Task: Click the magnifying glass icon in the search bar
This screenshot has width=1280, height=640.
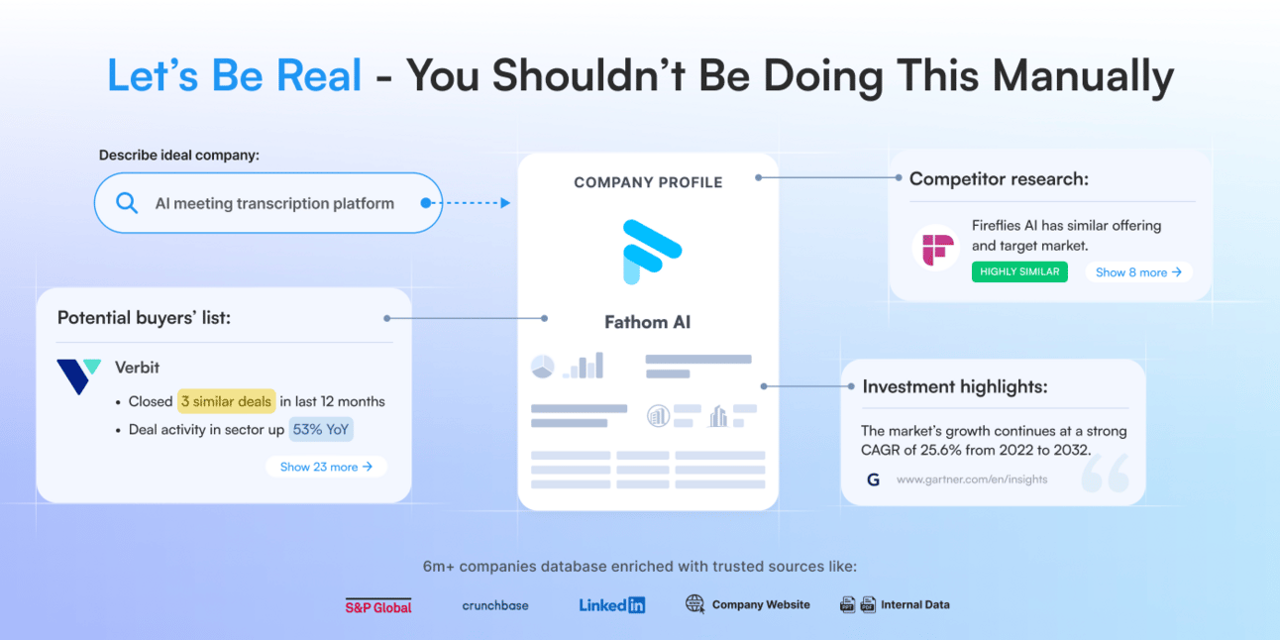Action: coord(127,203)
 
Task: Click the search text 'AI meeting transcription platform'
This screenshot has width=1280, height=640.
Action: coord(274,203)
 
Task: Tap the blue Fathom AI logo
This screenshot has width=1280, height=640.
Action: coord(648,251)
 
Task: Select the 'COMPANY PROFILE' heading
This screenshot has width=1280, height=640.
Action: coord(648,182)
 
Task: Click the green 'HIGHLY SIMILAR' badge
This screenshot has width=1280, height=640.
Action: coord(1019,271)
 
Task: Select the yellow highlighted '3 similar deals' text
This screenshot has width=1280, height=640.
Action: coord(226,401)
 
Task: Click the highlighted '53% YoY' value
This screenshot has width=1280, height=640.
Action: coord(321,430)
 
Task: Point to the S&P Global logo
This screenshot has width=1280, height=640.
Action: coord(378,605)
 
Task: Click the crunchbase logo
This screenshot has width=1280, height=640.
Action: coord(495,605)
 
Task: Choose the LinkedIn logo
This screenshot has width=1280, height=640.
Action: coord(611,604)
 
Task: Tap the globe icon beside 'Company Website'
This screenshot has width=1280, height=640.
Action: coord(695,604)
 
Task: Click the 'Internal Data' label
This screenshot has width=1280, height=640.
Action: coord(914,604)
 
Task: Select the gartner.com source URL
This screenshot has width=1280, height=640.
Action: coord(971,480)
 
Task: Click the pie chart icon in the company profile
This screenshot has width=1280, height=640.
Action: coord(542,367)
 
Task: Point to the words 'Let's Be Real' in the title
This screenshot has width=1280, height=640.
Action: coord(235,76)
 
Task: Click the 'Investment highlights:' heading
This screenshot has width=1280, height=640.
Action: coord(954,386)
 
